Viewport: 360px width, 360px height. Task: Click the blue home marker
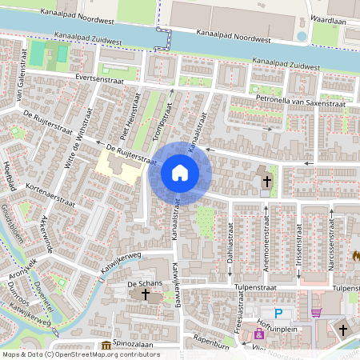[x=180, y=173]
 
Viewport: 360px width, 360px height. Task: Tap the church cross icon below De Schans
[x=145, y=295]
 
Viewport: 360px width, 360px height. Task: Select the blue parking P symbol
[x=278, y=314]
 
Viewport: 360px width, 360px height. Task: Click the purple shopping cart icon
[x=316, y=314]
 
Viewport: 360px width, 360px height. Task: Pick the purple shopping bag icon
[x=258, y=332]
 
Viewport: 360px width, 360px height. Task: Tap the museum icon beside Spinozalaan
[x=106, y=346]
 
